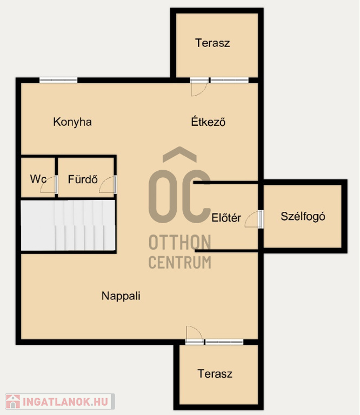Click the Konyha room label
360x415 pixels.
click(72, 122)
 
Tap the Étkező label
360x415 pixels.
click(208, 122)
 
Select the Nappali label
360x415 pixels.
click(121, 296)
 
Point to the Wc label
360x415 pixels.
click(38, 179)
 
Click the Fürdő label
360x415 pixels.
click(83, 179)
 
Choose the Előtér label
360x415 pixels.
click(226, 218)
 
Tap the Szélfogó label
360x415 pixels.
click(303, 217)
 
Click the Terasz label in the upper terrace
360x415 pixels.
click(212, 43)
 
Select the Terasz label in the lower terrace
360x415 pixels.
click(215, 374)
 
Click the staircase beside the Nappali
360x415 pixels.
click(68, 225)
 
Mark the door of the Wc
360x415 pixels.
click(49, 184)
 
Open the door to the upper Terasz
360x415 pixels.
click(199, 87)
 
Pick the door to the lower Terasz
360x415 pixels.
click(195, 335)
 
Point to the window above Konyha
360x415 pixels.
click(58, 80)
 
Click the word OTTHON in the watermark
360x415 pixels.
click(180, 243)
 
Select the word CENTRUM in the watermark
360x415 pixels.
click(180, 262)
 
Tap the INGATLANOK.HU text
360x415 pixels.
click(65, 402)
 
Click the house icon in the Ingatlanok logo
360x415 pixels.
click(13, 401)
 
